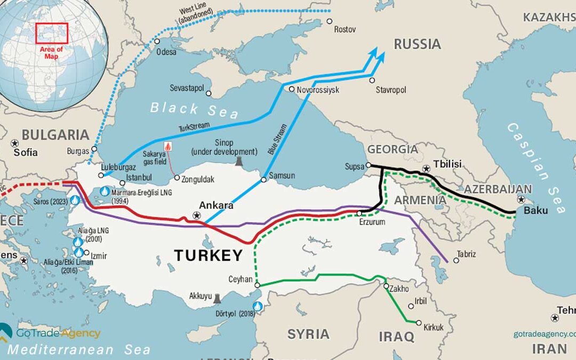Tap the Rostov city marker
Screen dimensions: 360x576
(330, 21)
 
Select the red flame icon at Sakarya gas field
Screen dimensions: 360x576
(169, 146)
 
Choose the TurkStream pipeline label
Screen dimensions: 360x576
(195, 127)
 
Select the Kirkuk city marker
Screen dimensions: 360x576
(419, 323)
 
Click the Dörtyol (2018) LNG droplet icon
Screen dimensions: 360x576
(259, 307)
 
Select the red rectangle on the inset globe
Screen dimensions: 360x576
(52, 33)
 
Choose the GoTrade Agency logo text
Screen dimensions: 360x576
(58, 333)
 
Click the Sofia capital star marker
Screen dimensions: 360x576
(14, 143)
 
